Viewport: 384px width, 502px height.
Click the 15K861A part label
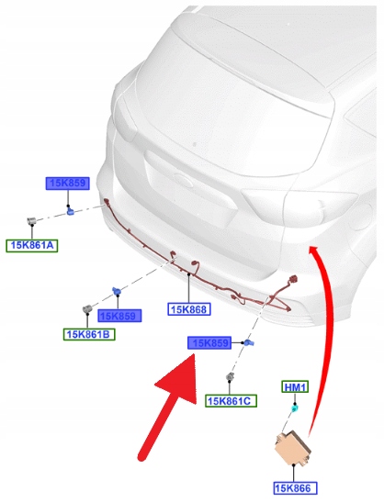coord(32,246)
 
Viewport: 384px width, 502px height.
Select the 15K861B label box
coord(89,334)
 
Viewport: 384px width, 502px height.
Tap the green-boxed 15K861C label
coord(231,401)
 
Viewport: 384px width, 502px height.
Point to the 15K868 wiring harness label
coord(189,309)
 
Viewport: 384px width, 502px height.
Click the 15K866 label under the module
coord(295,488)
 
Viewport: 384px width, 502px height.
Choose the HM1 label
coord(295,387)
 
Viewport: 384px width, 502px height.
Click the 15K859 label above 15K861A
coord(67,184)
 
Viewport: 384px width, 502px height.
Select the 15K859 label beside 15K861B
coord(119,316)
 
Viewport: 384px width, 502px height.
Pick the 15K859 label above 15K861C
coord(209,343)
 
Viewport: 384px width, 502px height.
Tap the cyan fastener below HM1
coord(294,408)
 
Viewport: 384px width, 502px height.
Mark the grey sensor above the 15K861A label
coord(31,220)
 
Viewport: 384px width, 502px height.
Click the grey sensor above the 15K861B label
coord(87,309)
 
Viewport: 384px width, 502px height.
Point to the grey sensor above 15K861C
coord(230,377)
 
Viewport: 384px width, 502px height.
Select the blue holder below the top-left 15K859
coord(70,211)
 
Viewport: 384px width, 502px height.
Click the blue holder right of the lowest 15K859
coord(249,343)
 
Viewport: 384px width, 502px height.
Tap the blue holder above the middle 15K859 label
coord(117,291)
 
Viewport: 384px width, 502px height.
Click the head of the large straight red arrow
coord(179,378)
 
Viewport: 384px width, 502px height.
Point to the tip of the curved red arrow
coord(311,247)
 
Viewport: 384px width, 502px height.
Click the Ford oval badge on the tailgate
coord(183,180)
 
